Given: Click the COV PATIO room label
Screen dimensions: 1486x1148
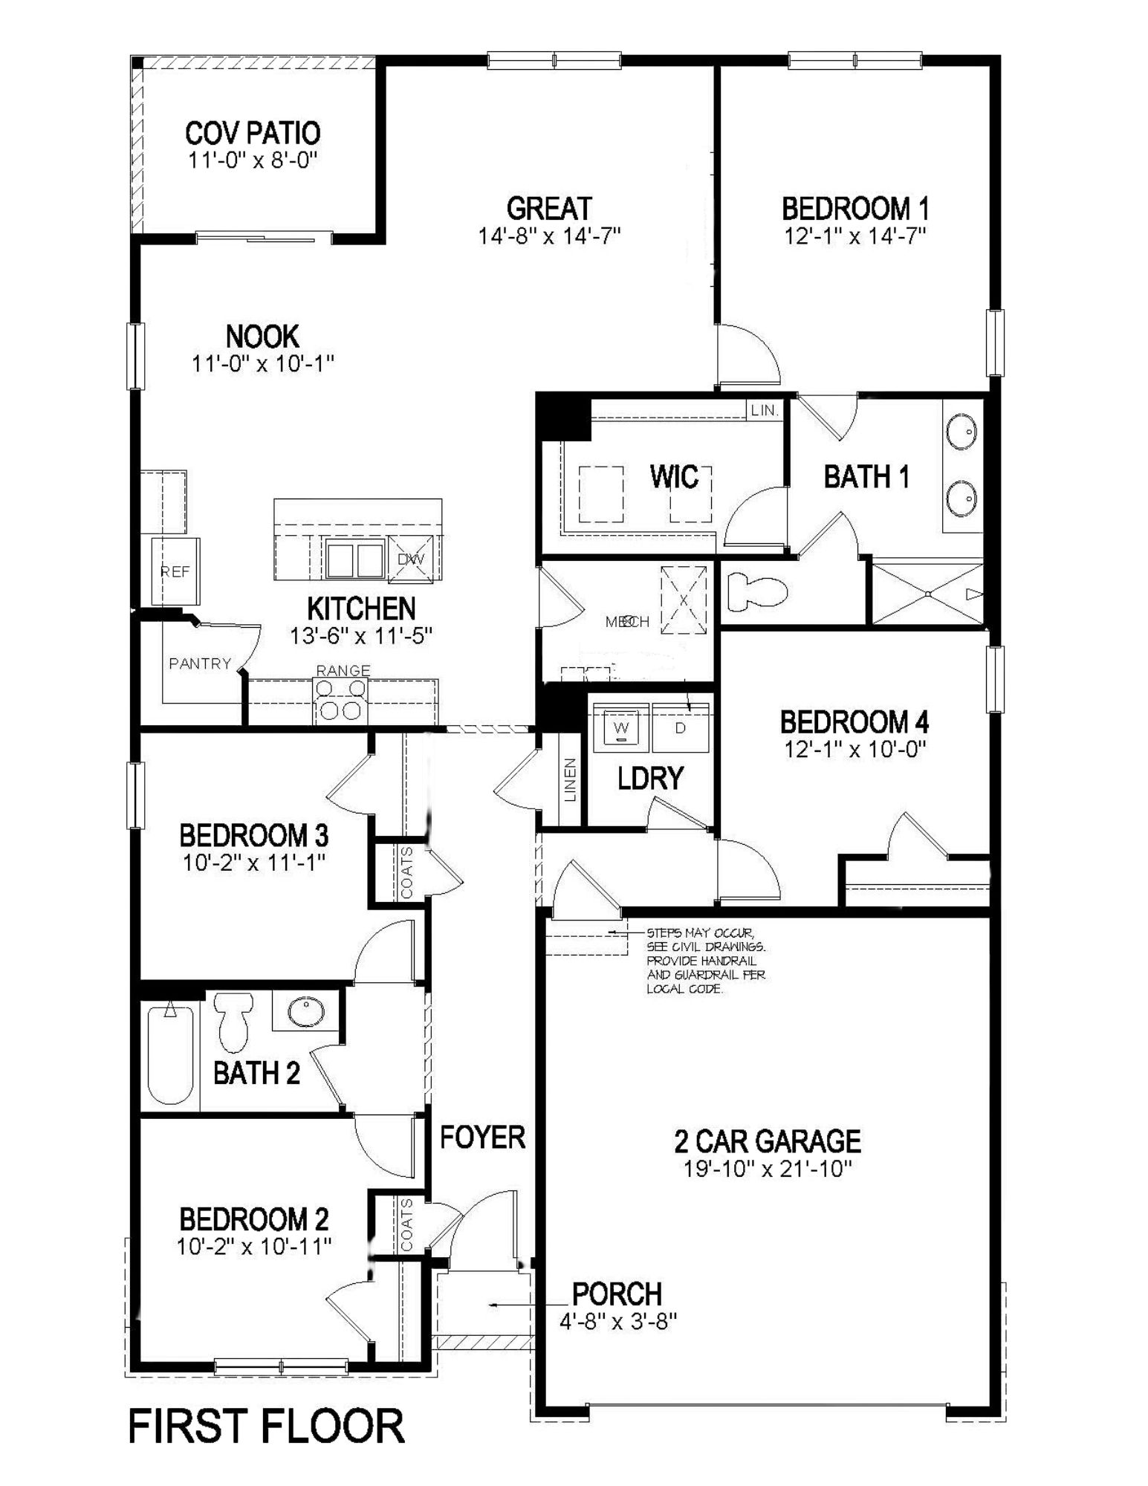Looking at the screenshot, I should click(253, 133).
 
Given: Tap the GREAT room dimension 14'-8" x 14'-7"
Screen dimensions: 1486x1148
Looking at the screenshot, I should click(549, 236).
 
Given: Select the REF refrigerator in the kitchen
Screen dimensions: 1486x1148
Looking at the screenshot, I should click(175, 571).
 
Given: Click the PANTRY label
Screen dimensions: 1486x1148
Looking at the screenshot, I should click(200, 663).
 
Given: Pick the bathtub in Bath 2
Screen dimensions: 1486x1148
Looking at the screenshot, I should click(170, 1054).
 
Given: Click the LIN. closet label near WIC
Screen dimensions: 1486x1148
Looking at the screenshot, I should click(764, 410).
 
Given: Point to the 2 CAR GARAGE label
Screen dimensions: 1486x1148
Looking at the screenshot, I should click(768, 1141).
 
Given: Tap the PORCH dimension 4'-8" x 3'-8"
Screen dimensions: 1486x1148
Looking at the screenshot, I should click(617, 1320).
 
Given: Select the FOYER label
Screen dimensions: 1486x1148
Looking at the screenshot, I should click(482, 1137).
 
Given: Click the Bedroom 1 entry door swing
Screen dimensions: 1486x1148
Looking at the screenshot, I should click(749, 355).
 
